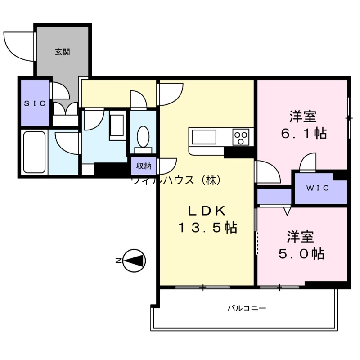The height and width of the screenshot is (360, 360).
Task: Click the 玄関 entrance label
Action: point(63,52)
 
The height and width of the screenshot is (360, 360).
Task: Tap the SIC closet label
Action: point(35,103)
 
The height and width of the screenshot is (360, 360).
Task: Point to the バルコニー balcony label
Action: point(247,309)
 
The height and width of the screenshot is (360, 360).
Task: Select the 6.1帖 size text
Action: point(302,134)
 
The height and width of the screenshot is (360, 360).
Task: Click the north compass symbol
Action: point(134,261)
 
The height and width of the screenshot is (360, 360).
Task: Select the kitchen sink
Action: point(204,136)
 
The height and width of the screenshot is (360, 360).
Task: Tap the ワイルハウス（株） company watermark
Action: point(175,180)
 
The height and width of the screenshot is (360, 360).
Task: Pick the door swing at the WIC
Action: point(309,162)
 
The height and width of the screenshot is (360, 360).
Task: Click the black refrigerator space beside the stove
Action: point(239,152)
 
